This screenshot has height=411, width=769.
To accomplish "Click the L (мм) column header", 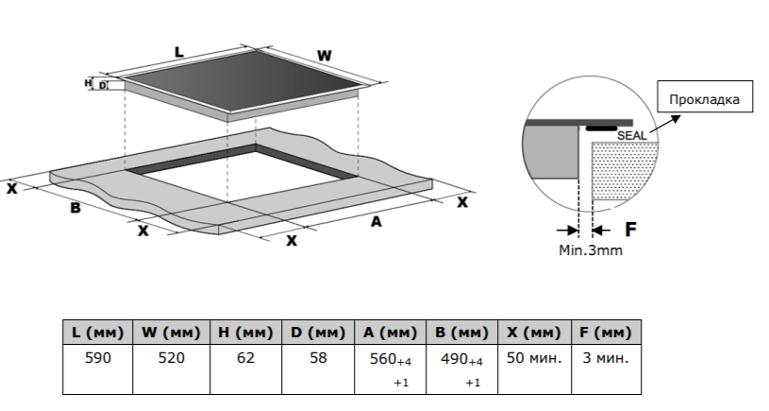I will pyautogui.click(x=96, y=334).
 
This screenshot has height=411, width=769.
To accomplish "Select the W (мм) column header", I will pyautogui.click(x=172, y=334).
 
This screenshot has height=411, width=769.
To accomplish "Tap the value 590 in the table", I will pyautogui.click(x=96, y=358).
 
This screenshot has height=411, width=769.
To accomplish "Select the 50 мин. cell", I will pyautogui.click(x=535, y=358).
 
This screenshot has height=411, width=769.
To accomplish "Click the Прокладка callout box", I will pyautogui.click(x=704, y=98).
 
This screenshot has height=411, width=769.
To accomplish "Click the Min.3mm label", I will pyautogui.click(x=591, y=250).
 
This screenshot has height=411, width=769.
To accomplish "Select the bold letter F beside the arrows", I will pyautogui.click(x=631, y=229).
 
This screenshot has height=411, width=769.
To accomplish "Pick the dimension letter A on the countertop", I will pyautogui.click(x=376, y=222).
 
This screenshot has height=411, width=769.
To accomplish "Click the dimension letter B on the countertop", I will pyautogui.click(x=75, y=208).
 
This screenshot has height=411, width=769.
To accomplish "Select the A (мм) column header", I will pyautogui.click(x=390, y=334).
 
